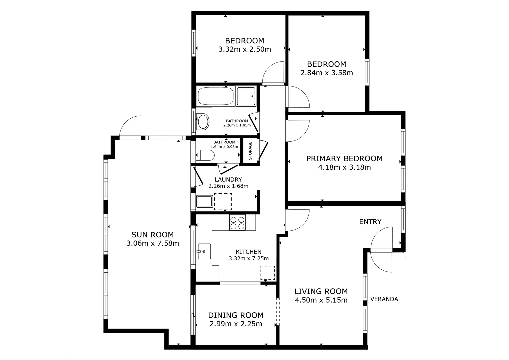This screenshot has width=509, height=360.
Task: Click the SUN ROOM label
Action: pos(152,235)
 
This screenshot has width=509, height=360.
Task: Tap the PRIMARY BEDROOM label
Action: pos(344,159)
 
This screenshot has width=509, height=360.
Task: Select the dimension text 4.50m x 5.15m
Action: pos(321,300)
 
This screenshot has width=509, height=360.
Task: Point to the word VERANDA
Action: pos(384,299)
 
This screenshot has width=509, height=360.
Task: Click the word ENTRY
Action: pos(370,222)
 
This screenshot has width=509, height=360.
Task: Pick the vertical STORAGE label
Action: pos(250,151)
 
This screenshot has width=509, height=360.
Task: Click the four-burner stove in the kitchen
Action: pos(237,223)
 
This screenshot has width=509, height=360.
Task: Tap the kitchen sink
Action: pos(204,251)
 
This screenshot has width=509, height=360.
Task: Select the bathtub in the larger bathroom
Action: pos(215,96)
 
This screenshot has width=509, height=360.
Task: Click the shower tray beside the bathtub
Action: pos(246,96)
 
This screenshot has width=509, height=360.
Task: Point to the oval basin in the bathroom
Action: pos(203,122)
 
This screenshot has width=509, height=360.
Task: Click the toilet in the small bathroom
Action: pos(205,155)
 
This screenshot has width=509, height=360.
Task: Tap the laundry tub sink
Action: pos(205,201)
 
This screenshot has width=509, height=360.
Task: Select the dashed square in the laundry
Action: pos(223,202)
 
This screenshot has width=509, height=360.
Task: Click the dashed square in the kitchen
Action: pos(267,273)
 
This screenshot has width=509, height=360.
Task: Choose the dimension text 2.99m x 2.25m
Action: pos(236,324)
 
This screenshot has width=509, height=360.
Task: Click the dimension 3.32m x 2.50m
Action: pos(245,49)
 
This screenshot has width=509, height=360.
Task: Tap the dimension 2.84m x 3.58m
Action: pos(327,73)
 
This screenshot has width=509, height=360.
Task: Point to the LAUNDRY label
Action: pos(228,180)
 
